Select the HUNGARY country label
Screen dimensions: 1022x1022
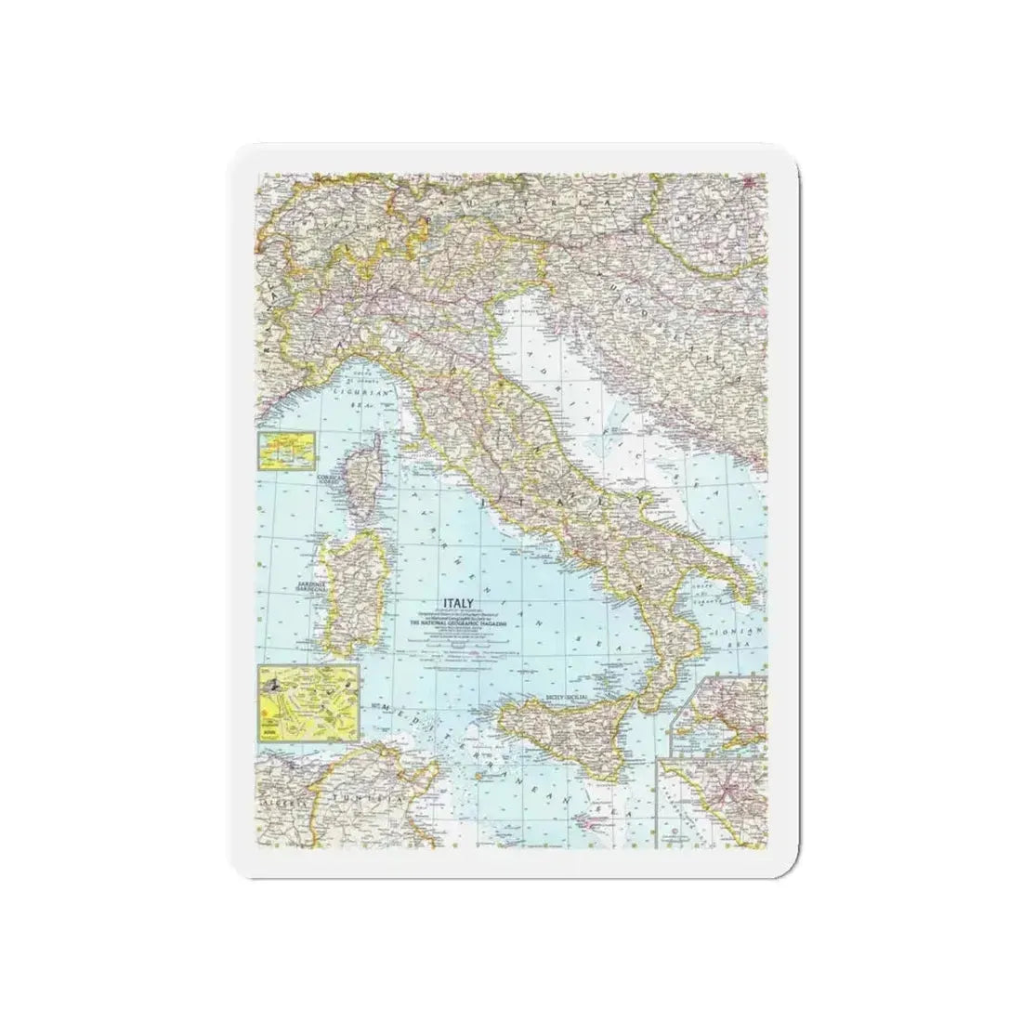(x=734, y=213)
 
